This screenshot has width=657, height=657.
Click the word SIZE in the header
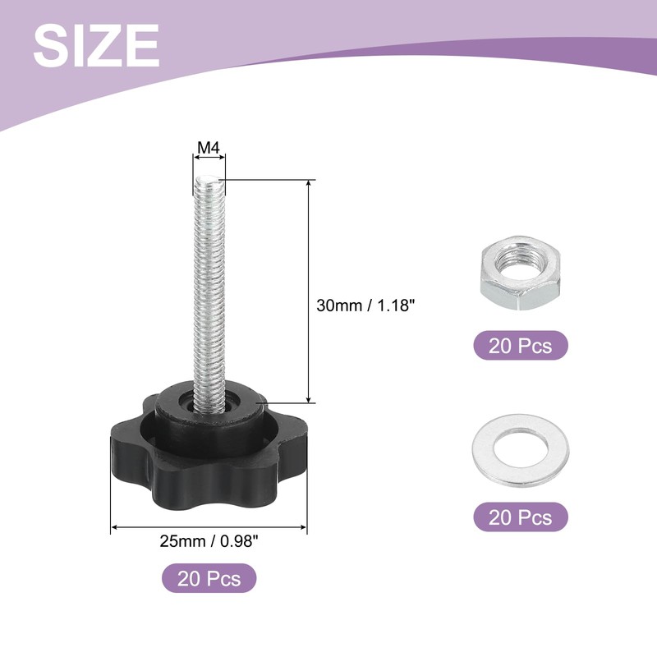[x=96, y=45]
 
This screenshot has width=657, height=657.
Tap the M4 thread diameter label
[x=209, y=148]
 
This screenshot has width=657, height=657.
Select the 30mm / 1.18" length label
[x=365, y=306]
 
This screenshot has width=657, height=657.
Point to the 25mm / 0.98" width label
[x=209, y=541]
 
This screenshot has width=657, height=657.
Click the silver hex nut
[x=521, y=273]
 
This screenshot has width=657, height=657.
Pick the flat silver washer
[x=521, y=450]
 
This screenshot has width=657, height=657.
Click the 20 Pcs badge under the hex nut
[x=521, y=346]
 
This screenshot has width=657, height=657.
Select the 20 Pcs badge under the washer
[x=521, y=517]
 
